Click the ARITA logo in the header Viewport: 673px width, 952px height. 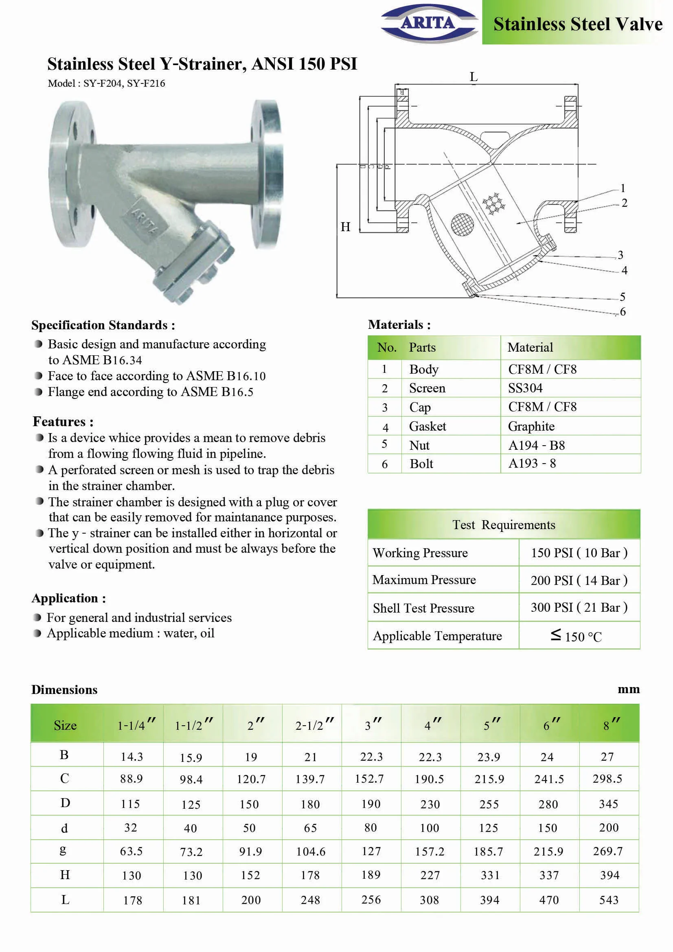click(x=429, y=23)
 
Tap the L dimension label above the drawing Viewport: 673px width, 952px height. click(x=474, y=77)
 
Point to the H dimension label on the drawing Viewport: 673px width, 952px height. click(x=345, y=227)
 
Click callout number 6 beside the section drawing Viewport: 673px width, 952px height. click(x=623, y=311)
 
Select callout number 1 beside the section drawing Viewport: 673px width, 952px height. click(x=623, y=188)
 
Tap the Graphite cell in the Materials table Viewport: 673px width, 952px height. click(x=531, y=426)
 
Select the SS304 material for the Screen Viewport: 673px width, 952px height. click(x=525, y=388)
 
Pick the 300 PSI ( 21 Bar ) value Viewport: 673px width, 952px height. click(x=579, y=607)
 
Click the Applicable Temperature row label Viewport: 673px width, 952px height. click(x=437, y=636)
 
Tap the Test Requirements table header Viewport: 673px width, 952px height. click(x=503, y=525)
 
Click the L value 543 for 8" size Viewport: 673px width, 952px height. click(x=609, y=900)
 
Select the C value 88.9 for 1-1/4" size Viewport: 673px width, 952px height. click(x=132, y=779)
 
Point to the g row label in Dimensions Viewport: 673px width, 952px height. click(x=63, y=850)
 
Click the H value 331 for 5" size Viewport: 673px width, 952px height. click(x=490, y=875)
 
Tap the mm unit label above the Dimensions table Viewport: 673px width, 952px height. click(x=628, y=689)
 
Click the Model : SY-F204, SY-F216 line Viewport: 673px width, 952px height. click(x=106, y=83)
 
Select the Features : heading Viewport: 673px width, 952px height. click(x=63, y=422)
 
